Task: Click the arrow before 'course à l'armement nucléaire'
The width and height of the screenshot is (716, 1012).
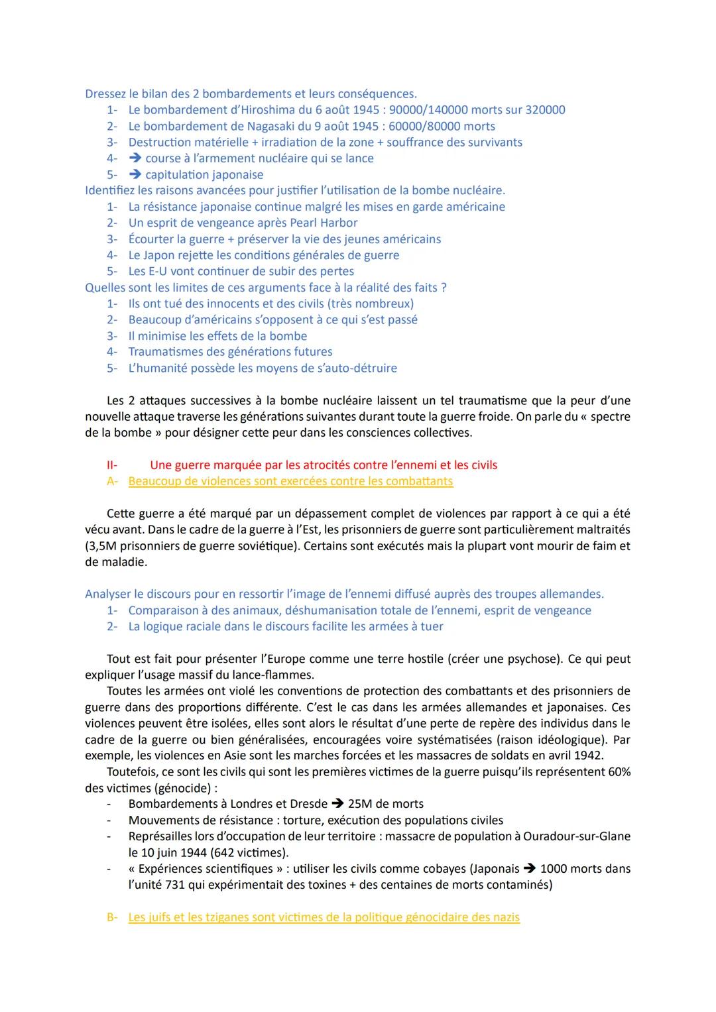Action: (x=135, y=158)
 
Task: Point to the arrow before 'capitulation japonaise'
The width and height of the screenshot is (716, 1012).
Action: (x=135, y=175)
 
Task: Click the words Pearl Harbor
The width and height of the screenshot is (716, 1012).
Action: (x=324, y=223)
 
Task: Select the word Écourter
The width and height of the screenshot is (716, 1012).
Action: (x=152, y=239)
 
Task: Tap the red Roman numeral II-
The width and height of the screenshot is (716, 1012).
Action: (x=111, y=465)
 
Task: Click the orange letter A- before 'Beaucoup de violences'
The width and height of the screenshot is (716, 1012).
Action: (x=112, y=481)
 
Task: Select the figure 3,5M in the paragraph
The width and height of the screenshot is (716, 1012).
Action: (x=101, y=546)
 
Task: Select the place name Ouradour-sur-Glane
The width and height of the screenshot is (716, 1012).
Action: (x=576, y=836)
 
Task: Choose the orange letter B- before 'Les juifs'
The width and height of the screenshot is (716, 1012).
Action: (x=112, y=917)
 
